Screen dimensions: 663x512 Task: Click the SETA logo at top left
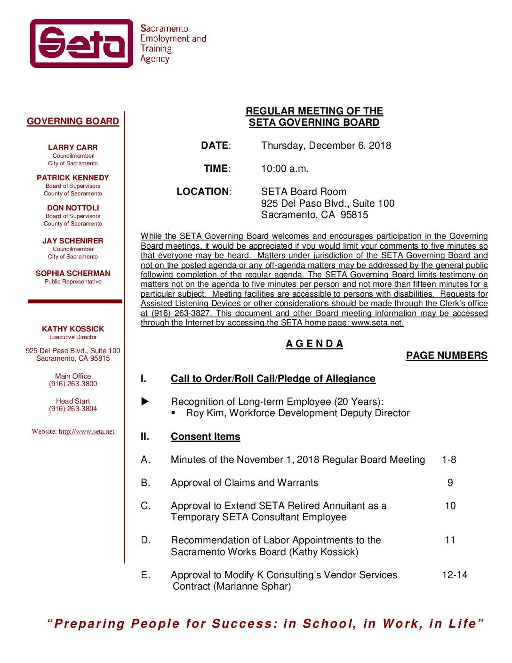point(82,43)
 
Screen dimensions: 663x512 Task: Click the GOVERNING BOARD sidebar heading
point(73,121)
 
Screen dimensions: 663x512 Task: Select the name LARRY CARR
point(73,148)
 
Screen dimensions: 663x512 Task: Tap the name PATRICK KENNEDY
point(73,178)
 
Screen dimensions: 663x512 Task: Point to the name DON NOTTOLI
point(73,208)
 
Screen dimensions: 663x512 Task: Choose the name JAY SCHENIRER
point(73,241)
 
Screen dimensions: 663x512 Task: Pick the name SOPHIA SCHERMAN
point(73,274)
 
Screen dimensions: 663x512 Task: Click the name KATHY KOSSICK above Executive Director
point(73,329)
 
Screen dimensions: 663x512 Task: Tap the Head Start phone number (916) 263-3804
point(73,409)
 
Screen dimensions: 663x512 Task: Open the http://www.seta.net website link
point(87,432)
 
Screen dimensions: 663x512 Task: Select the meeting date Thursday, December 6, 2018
point(326,146)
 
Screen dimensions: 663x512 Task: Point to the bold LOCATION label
point(203,192)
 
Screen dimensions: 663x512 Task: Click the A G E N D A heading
point(314,344)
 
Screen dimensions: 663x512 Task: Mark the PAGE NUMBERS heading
point(447,356)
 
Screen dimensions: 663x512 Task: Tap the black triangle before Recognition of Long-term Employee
point(145,402)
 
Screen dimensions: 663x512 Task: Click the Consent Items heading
point(205,437)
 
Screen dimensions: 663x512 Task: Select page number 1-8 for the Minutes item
point(449,460)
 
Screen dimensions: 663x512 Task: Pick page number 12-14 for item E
point(455,575)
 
